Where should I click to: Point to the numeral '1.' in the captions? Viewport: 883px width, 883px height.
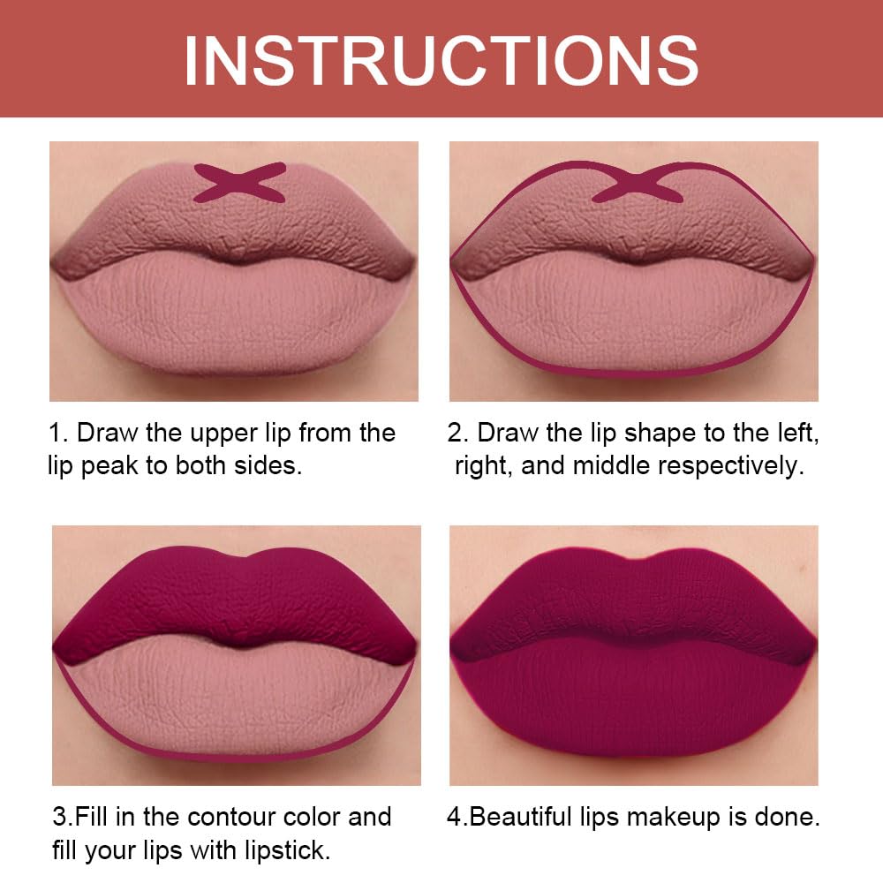(x=58, y=434)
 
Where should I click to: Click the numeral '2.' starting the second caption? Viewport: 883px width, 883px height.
(x=457, y=434)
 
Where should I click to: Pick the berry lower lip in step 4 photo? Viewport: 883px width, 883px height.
(x=631, y=706)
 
